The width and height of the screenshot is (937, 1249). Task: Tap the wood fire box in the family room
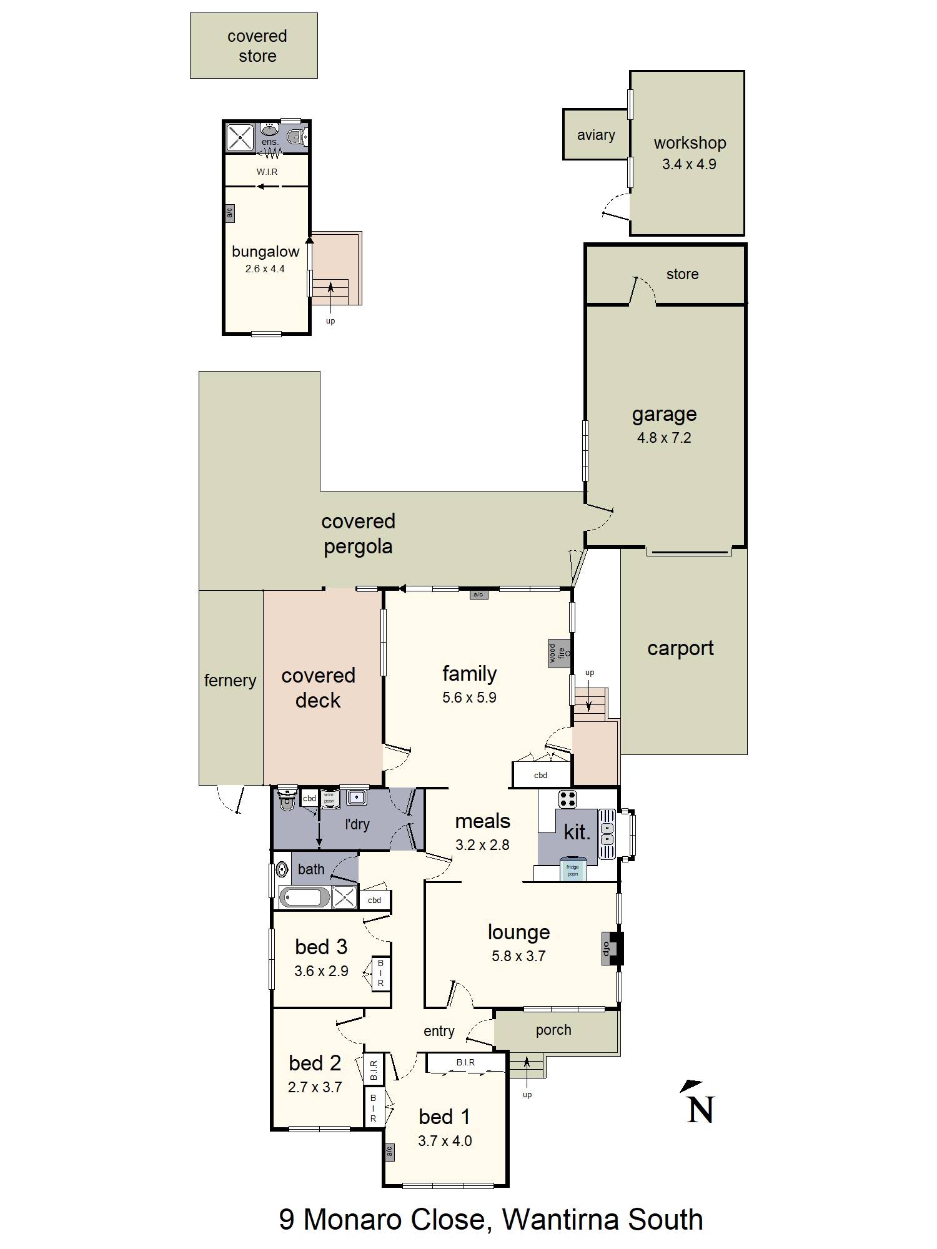pos(560,653)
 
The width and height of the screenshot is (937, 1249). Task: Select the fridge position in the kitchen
pos(572,869)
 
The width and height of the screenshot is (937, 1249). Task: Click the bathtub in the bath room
pos(304,898)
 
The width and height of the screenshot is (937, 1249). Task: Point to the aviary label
pos(595,135)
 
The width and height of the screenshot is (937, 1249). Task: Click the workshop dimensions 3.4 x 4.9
pos(689,164)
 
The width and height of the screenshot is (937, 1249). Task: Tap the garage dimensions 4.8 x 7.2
pos(663,438)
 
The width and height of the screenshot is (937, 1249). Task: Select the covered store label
pos(257,46)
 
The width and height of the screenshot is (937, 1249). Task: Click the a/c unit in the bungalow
pos(229,213)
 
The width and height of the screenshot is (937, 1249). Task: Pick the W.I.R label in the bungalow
pos(267,172)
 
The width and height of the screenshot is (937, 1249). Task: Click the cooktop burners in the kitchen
pos(567,799)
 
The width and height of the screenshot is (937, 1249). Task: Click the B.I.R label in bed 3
pos(380,973)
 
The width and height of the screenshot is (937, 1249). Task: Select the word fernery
pos(230,680)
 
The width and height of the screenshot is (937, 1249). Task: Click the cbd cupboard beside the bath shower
pos(374,900)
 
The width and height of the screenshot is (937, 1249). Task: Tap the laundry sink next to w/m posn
pos(357,797)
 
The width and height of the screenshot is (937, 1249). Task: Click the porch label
pos(553,1030)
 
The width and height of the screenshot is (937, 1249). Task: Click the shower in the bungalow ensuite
pos(239,137)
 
